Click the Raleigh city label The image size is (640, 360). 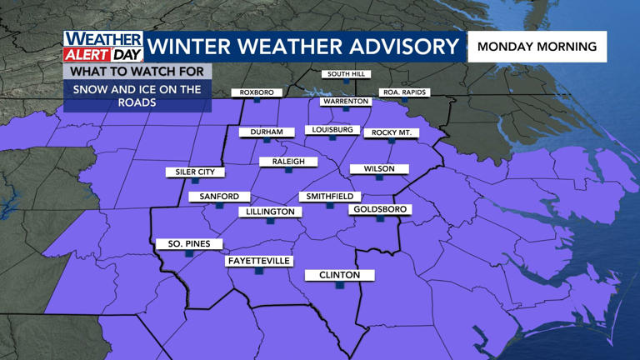(x=288, y=162)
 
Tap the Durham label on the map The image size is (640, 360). (x=267, y=132)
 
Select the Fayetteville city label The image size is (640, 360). (x=259, y=261)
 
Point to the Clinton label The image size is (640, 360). (x=339, y=275)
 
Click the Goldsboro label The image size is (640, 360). (x=379, y=209)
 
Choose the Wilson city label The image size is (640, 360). (x=378, y=169)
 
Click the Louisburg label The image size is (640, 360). (x=332, y=130)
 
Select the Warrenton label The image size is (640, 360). (x=346, y=102)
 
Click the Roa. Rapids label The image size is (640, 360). (x=404, y=92)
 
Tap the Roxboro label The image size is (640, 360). (x=257, y=92)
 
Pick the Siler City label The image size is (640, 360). (x=195, y=172)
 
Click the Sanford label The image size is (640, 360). (x=219, y=197)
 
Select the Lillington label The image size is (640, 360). (x=270, y=212)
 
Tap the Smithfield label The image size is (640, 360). (x=329, y=197)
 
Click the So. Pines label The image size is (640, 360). (x=189, y=244)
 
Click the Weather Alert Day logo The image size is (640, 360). (x=104, y=47)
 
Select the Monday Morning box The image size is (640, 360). (x=537, y=47)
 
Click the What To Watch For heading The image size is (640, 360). (x=137, y=72)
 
